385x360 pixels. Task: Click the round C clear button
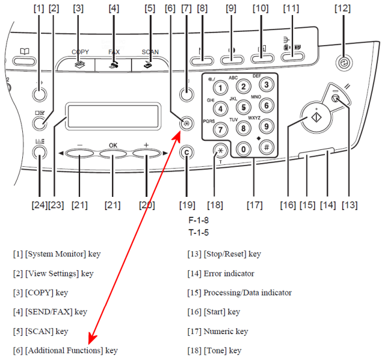[186, 152]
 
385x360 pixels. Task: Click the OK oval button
[114, 155]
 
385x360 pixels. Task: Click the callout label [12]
[342, 8]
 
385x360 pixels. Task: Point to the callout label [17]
[254, 205]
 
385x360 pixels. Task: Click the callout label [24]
[39, 205]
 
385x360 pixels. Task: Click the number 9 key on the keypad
[266, 125]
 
